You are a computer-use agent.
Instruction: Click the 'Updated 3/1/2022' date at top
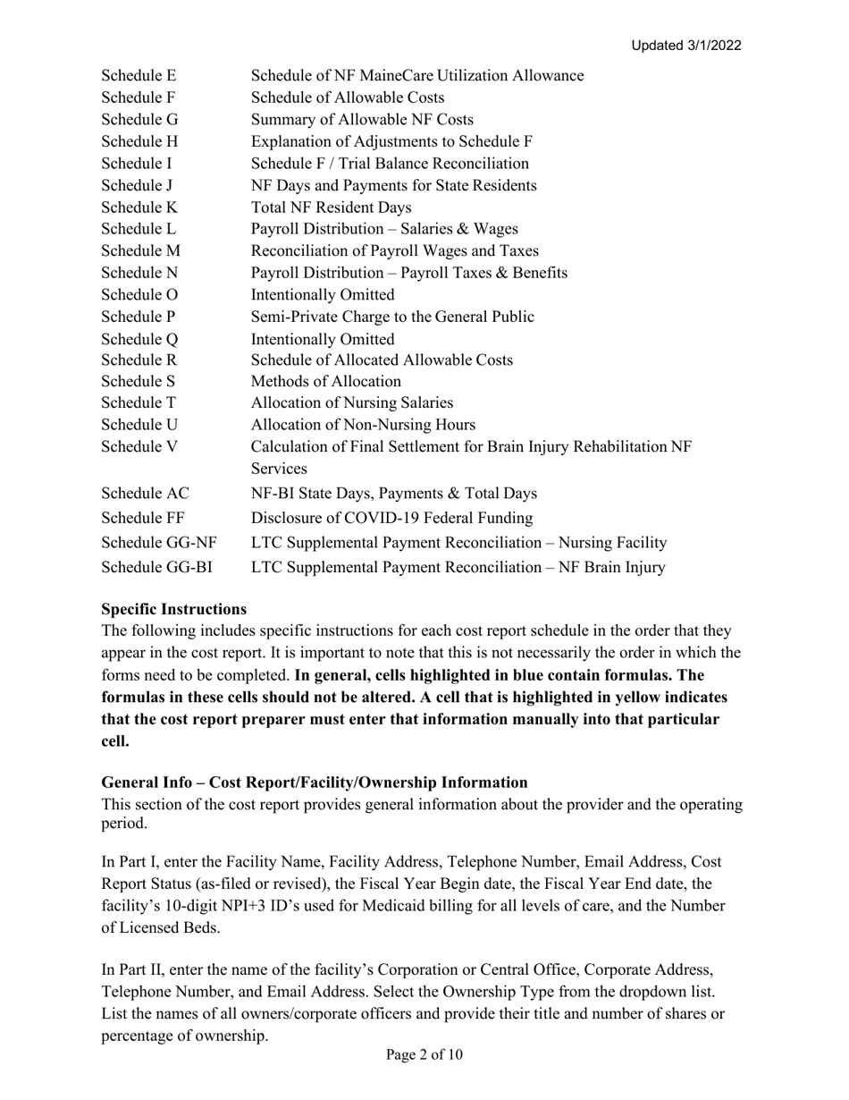(x=685, y=46)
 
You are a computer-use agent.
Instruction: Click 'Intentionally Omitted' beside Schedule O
(x=323, y=295)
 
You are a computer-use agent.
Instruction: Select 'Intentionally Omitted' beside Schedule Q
(x=323, y=339)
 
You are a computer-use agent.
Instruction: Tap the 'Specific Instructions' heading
(x=174, y=609)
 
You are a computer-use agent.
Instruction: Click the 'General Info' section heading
(x=315, y=783)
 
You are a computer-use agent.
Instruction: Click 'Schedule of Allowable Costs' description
(x=348, y=98)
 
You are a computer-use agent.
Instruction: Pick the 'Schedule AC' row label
(x=145, y=493)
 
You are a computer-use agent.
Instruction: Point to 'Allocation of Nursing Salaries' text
(x=352, y=404)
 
